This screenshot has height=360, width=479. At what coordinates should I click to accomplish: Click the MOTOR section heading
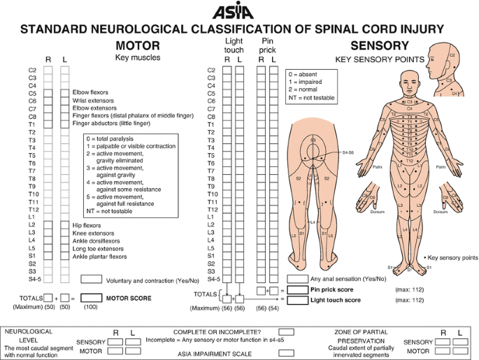click(137, 45)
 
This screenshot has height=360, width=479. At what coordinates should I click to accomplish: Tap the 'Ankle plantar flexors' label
click(99, 257)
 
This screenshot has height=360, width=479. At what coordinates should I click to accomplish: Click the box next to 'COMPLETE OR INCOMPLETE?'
click(285, 332)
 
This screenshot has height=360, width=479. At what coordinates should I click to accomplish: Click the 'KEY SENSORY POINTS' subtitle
click(380, 59)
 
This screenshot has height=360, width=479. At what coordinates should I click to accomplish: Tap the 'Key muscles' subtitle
click(137, 58)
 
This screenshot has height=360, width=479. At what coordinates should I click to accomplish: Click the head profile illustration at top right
click(448, 70)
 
